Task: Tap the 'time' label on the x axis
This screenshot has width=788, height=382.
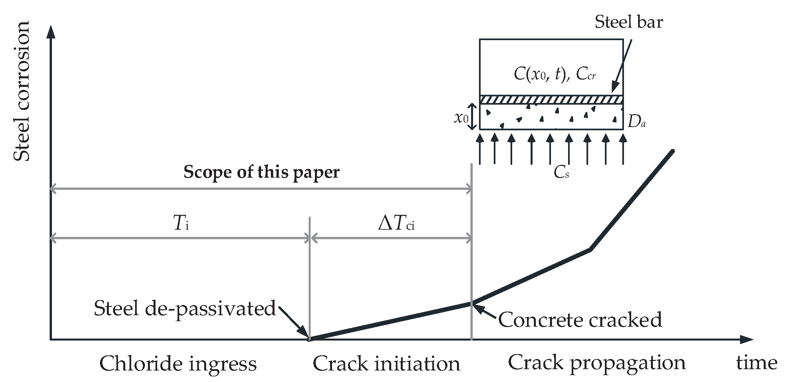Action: click(x=756, y=363)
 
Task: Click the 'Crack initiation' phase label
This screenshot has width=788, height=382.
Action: click(x=386, y=364)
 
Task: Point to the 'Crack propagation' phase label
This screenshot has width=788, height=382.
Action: click(x=597, y=363)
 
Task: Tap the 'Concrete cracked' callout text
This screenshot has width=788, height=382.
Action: click(x=580, y=320)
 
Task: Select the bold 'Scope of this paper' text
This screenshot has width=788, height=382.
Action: click(x=261, y=172)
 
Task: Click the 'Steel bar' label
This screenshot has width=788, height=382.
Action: click(x=629, y=22)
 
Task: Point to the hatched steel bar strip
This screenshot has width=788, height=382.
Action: click(x=551, y=100)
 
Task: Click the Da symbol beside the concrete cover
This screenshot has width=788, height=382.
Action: click(x=636, y=122)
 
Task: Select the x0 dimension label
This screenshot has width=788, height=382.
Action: click(x=461, y=118)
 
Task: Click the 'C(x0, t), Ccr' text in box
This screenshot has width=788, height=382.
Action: click(x=555, y=75)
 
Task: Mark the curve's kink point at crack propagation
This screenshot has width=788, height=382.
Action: click(x=590, y=249)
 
